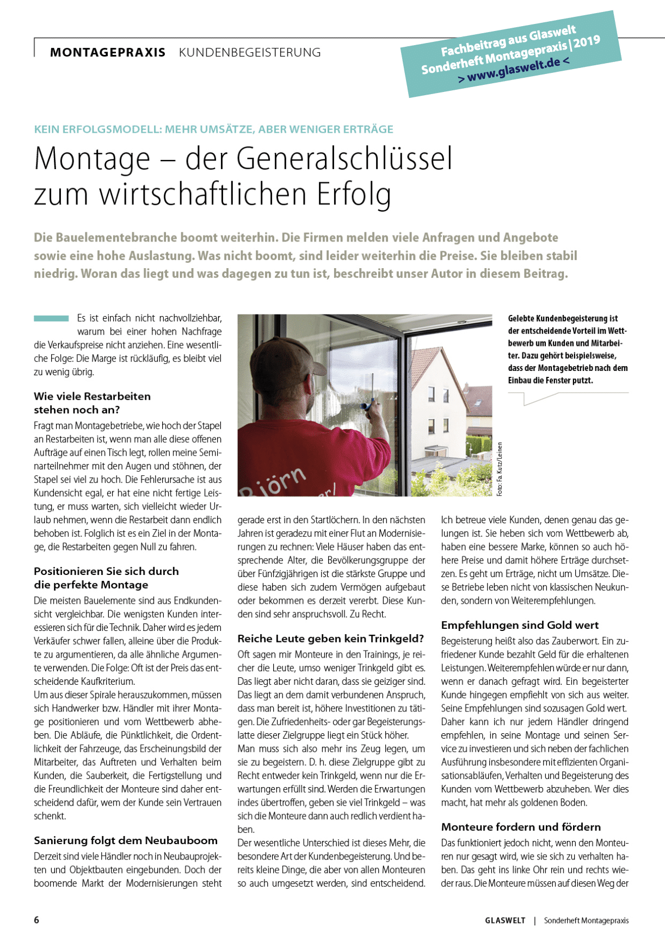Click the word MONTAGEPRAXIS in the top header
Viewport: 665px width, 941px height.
point(108,53)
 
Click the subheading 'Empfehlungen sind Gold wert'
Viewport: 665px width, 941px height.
point(520,625)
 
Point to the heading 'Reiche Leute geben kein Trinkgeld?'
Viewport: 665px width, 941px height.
point(330,639)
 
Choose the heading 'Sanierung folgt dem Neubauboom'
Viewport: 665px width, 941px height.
point(126,840)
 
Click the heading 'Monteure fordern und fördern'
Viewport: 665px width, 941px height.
point(521,827)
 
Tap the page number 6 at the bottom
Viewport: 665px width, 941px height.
point(37,920)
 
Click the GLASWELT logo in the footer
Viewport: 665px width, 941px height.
point(505,920)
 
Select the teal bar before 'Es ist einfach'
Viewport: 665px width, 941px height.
point(51,318)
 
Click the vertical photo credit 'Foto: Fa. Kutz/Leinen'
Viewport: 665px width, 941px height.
point(500,469)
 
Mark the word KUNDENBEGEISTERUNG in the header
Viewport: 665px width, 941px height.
point(250,53)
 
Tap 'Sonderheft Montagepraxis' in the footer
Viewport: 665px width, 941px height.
point(586,920)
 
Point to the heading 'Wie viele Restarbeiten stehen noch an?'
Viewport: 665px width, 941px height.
point(92,403)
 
